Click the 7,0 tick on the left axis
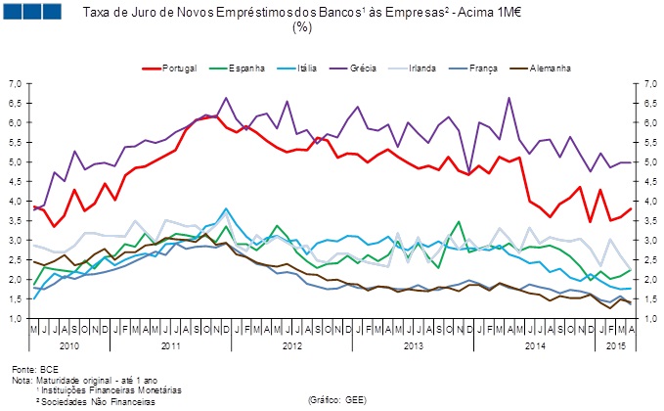point(16,84)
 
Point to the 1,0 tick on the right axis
point(646,319)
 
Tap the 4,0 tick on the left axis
point(16,202)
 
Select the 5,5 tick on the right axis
point(646,143)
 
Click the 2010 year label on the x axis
point(68,346)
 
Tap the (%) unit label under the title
point(302,27)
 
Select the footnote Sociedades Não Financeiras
point(97,401)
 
